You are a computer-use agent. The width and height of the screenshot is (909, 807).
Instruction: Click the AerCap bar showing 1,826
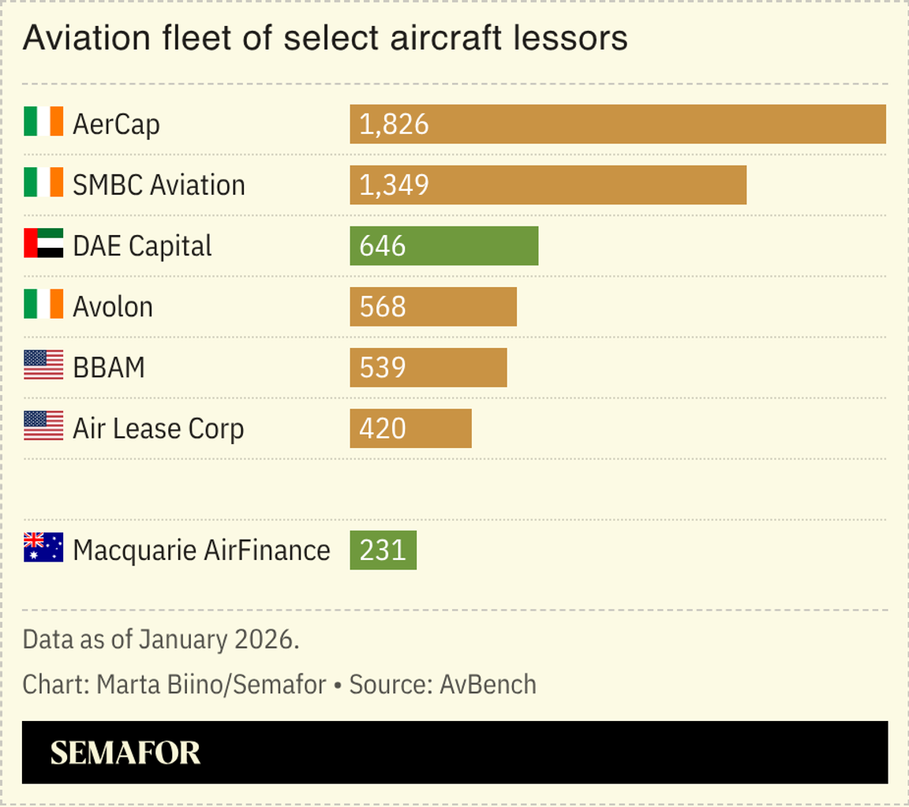[x=617, y=124]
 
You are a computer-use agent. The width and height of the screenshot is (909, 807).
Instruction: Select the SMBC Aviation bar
[x=548, y=185]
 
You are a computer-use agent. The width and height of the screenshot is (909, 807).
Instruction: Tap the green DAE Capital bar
[x=443, y=245]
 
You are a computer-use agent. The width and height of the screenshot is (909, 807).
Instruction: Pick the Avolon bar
[x=433, y=306]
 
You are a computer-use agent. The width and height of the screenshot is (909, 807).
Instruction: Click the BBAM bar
[x=428, y=368]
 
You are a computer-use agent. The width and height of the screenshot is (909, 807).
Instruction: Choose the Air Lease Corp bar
[x=410, y=428]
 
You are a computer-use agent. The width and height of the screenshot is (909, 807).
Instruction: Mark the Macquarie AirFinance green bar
[x=383, y=550]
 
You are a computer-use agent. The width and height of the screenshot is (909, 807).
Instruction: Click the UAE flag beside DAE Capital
[x=43, y=244]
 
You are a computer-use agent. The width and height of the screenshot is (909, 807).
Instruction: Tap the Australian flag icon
[x=43, y=547]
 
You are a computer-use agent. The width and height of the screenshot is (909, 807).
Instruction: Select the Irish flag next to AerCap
[x=43, y=122]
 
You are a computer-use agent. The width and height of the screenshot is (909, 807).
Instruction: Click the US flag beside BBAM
[x=43, y=365]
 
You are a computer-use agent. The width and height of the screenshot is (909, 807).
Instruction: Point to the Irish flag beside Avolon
[x=43, y=304]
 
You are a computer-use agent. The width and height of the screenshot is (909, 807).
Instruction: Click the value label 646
[x=383, y=246]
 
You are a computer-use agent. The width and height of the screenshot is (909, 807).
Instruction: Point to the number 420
[x=383, y=429]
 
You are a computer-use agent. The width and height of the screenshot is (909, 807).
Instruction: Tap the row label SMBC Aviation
[x=159, y=185]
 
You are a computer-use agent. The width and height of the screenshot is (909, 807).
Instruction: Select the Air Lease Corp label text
[x=158, y=429]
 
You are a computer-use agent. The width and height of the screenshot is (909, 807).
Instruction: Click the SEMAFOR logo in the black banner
[x=125, y=753]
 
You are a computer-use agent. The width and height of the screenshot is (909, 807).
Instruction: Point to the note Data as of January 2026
[x=161, y=639]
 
